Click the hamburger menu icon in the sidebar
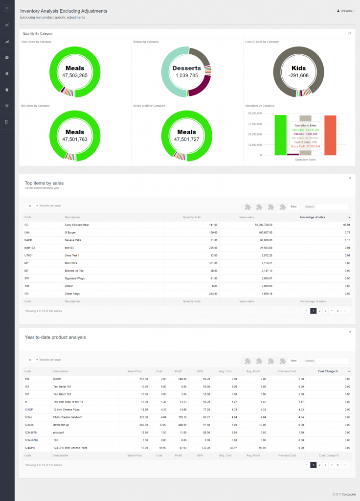7,8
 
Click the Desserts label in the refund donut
186,68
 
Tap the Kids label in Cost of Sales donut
298,68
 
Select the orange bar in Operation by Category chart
330,135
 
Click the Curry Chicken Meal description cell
77,225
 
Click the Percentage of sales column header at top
312,217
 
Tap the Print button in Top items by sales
293,206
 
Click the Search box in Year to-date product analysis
332,361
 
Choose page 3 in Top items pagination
326,311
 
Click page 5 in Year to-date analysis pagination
337,465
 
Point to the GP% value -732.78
199,448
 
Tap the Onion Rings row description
71,294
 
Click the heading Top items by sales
44,183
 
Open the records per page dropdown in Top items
32,206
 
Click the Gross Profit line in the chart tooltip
306,146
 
